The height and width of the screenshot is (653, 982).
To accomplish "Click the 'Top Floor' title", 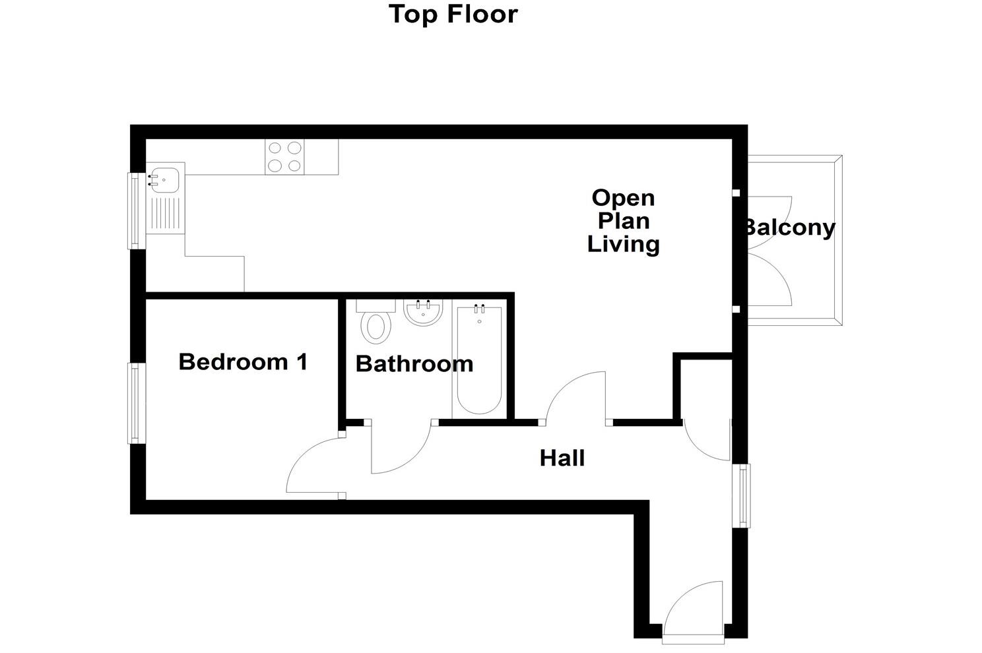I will [453, 14].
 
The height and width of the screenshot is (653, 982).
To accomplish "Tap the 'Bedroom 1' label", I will [243, 361].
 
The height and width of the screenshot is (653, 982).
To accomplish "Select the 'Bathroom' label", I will [414, 363].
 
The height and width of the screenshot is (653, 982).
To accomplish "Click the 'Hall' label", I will [562, 458].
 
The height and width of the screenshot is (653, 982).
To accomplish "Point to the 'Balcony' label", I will [789, 228].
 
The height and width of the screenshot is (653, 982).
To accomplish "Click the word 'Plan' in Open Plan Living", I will [623, 221].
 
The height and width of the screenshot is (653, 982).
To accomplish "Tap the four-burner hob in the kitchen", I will [284, 157].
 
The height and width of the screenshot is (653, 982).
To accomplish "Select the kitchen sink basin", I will [162, 178].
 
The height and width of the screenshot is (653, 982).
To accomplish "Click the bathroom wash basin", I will [423, 313].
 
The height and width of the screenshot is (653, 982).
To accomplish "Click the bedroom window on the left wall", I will [135, 403].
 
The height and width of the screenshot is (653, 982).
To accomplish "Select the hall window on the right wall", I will [744, 495].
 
